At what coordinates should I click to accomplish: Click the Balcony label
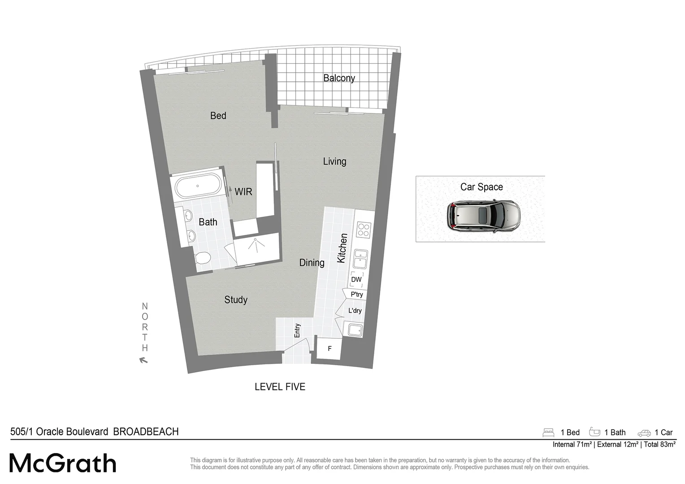(339, 78)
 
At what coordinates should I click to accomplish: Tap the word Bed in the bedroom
(218, 116)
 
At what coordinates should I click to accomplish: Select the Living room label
(334, 161)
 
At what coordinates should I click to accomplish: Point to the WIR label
(243, 192)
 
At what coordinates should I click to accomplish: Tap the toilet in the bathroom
(204, 259)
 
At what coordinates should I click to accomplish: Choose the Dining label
(312, 263)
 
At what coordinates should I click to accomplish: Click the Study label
(236, 300)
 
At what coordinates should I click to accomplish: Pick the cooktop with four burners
(363, 229)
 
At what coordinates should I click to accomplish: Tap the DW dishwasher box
(356, 280)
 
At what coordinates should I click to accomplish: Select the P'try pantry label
(357, 294)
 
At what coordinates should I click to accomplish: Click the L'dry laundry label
(355, 311)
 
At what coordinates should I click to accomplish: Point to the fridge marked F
(329, 348)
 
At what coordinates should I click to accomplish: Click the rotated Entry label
(297, 331)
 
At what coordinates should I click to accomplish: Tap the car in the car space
(483, 215)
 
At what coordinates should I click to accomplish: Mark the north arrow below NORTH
(143, 360)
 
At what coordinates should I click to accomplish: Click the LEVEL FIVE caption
(280, 387)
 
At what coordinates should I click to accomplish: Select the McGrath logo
(63, 463)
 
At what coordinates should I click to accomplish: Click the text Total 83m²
(659, 445)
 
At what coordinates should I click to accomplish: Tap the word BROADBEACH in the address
(146, 432)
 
